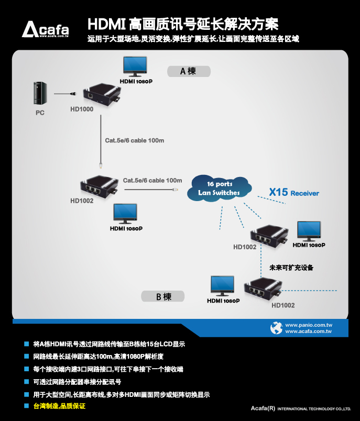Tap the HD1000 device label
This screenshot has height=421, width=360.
point(82,109)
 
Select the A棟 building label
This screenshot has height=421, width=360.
point(188,71)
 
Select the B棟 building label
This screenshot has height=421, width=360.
point(162,296)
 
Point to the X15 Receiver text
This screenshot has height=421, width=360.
point(293,193)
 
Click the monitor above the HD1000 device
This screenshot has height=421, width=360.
point(136,67)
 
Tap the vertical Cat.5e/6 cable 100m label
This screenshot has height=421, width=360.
point(134,140)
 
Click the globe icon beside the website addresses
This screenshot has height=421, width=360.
point(276,328)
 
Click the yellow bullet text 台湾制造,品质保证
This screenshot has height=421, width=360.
point(59,406)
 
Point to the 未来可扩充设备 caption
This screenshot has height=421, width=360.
point(291,268)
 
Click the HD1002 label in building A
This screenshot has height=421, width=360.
point(82,201)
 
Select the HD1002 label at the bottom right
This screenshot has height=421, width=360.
point(283,305)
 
